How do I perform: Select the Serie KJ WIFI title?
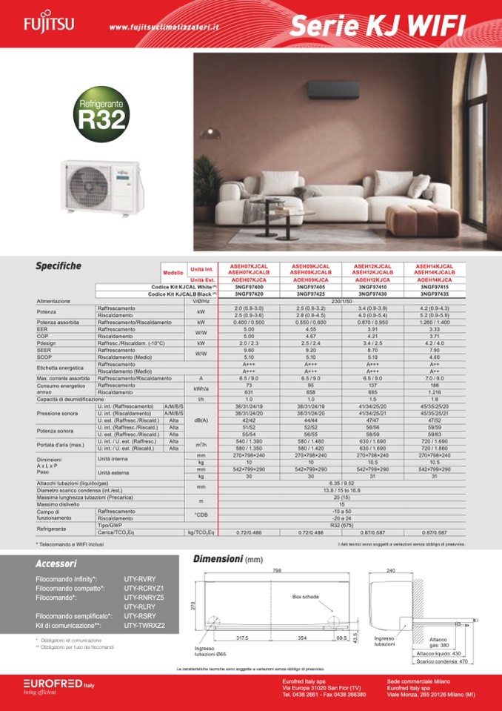pyautogui.click(x=377, y=26)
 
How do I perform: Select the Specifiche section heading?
pyautogui.click(x=58, y=266)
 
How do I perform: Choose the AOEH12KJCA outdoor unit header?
pyautogui.click(x=372, y=279)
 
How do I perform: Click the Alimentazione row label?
pyautogui.click(x=53, y=301)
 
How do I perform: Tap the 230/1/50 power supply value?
pyautogui.click(x=342, y=301)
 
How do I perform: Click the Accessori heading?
pyautogui.click(x=56, y=564)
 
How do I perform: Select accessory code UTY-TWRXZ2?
pyautogui.click(x=144, y=626)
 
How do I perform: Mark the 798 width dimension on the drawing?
pyautogui.click(x=277, y=571)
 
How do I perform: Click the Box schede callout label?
pyautogui.click(x=305, y=596)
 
